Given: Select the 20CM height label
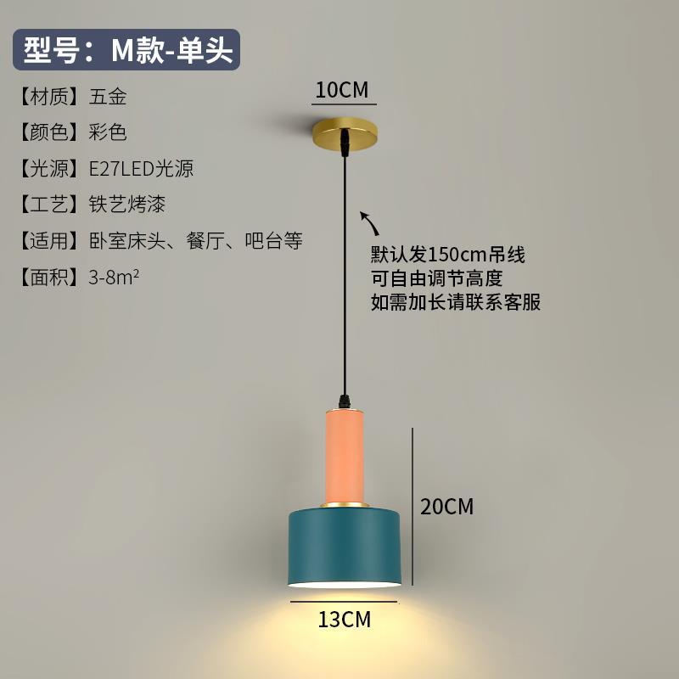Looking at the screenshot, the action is pos(446,507).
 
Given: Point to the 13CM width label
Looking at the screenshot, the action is pos(345,620).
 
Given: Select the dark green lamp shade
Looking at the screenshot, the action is pos(345,547).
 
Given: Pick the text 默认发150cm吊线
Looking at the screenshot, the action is pos(448,255).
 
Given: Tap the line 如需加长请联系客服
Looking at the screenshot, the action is pos(456,302).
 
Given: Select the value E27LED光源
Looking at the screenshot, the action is pos(141,168).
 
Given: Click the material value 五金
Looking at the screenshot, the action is pos(108,97).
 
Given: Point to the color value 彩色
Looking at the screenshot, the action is pos(108,132).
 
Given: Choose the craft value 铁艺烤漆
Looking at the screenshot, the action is pos(126,205).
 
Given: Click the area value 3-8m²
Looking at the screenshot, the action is pos(114,277).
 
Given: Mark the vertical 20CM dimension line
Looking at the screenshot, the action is pos(413,507).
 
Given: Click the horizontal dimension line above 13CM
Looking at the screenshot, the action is pos(345,602).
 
